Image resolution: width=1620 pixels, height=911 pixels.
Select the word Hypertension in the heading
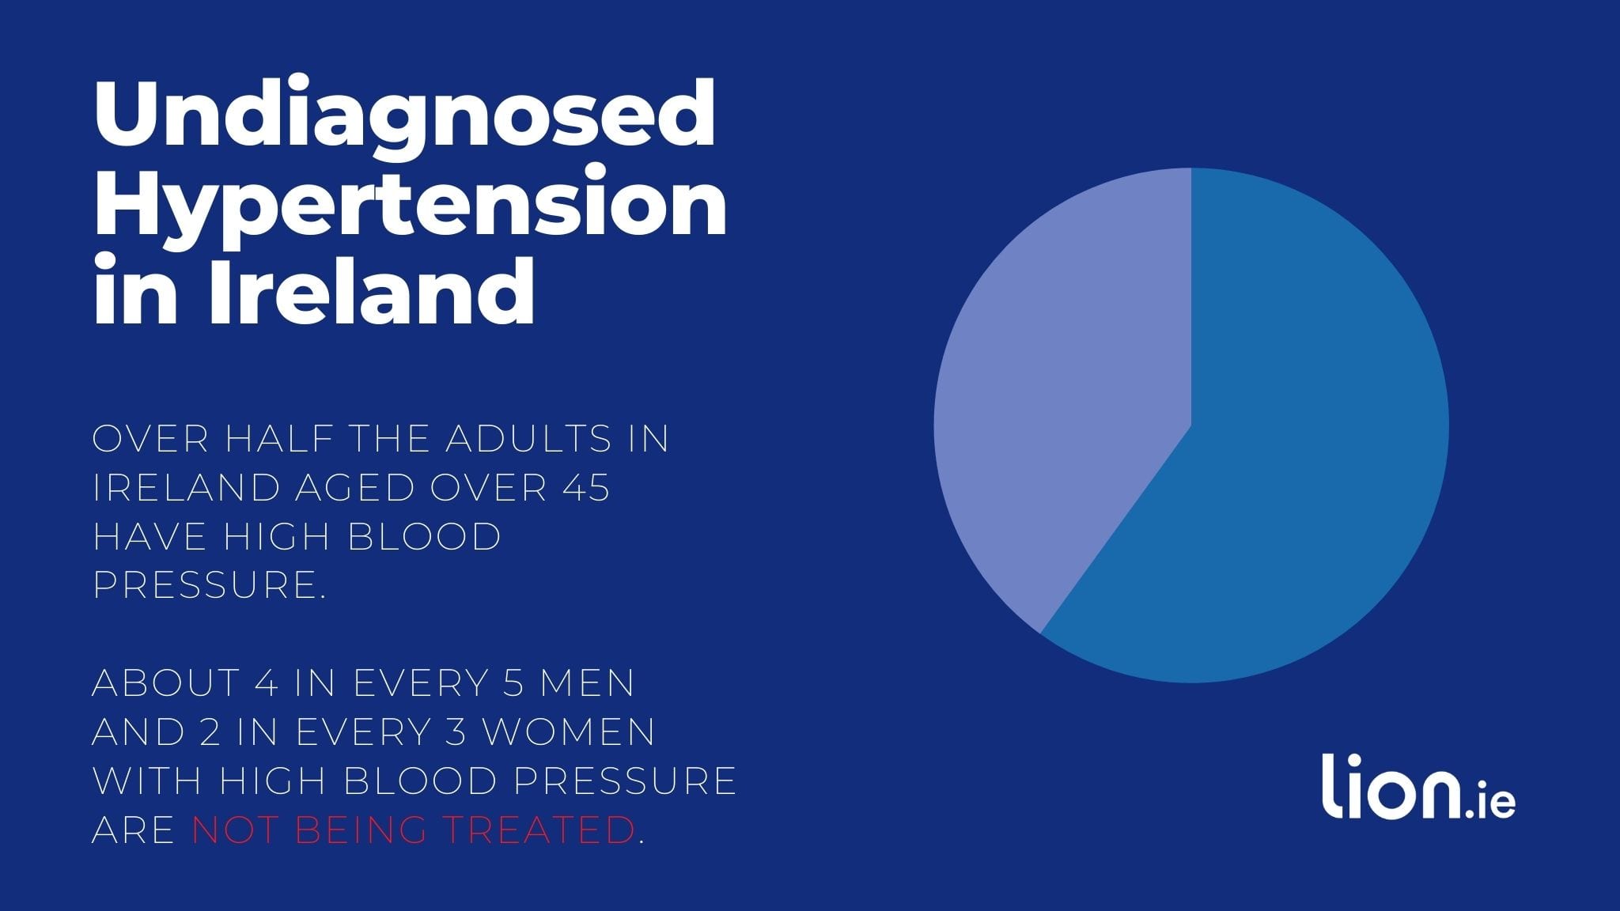pyautogui.click(x=410, y=206)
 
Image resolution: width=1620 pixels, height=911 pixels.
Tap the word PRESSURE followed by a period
pyautogui.click(x=210, y=585)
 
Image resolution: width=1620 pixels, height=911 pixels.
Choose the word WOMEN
pyautogui.click(x=569, y=732)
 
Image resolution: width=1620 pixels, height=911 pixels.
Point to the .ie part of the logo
pyautogui.click(x=1491, y=801)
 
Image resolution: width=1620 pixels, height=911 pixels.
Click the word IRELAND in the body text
pyautogui.click(x=187, y=488)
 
